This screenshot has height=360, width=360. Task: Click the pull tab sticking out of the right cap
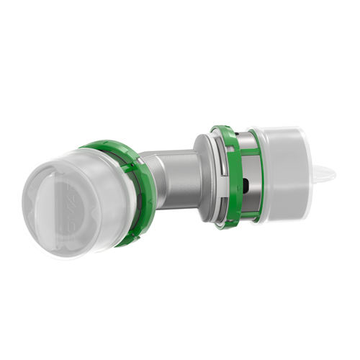[x=324, y=173]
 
